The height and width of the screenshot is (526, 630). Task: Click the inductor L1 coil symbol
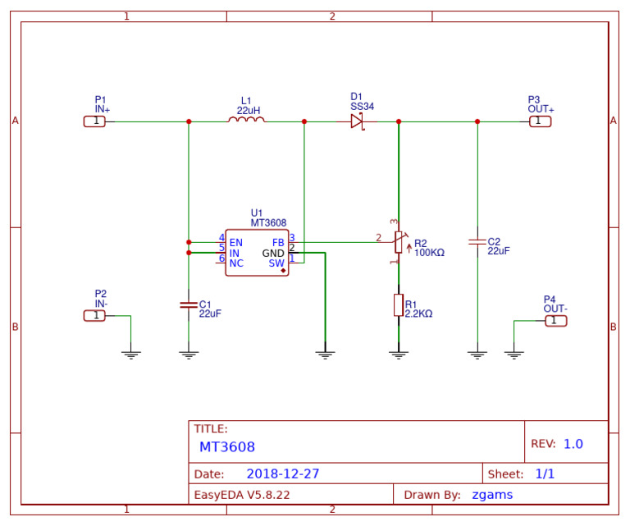tap(246, 121)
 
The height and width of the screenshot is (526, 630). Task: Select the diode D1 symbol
tap(357, 121)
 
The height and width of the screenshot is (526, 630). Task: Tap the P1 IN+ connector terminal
tap(95, 121)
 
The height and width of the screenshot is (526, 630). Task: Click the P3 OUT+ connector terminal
tap(539, 121)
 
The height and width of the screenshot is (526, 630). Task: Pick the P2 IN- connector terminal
tap(95, 316)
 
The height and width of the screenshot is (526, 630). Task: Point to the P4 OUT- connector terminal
tap(555, 320)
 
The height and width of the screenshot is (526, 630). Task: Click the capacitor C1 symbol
tap(189, 305)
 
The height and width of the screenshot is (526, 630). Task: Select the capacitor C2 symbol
tap(477, 243)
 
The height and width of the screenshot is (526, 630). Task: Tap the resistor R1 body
tap(399, 304)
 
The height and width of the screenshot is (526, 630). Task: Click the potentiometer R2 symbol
tap(399, 243)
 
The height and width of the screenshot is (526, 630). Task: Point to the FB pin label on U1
tap(278, 243)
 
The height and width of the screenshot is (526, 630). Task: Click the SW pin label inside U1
tap(276, 263)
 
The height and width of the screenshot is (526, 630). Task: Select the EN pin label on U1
tap(236, 243)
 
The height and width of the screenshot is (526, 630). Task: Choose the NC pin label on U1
tap(236, 263)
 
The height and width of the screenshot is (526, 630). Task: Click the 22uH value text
tap(249, 110)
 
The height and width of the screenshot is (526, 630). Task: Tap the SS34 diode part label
tap(362, 107)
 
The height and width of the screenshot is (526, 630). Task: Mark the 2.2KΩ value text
tap(418, 314)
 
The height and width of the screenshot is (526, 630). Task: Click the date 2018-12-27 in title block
tap(283, 474)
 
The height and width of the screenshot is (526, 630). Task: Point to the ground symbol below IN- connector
tap(130, 354)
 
